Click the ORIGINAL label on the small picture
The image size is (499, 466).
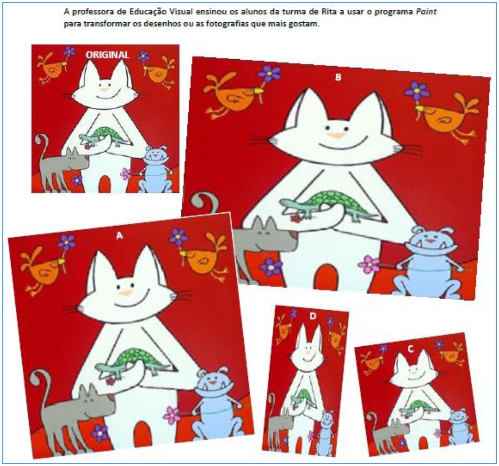pyautogui.click(x=107, y=55)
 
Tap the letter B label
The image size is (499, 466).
pyautogui.click(x=338, y=77)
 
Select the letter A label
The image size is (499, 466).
pyautogui.click(x=119, y=236)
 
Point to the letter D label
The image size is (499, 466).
pyautogui.click(x=313, y=316)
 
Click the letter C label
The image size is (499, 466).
pyautogui.click(x=411, y=349)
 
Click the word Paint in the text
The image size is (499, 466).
pyautogui.click(x=426, y=12)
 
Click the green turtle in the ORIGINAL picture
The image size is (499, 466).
pyautogui.click(x=104, y=134)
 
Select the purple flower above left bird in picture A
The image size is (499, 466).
pyautogui.click(x=67, y=242)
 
